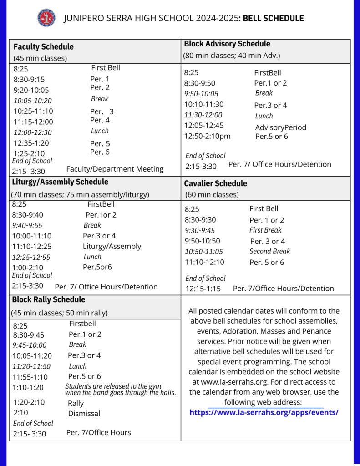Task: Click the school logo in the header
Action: (x=46, y=18)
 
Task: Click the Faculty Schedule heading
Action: (x=43, y=47)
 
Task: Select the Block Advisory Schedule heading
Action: (x=227, y=44)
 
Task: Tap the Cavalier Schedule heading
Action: (x=215, y=183)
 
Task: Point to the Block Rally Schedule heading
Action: (x=48, y=300)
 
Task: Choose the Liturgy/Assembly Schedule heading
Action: (x=60, y=182)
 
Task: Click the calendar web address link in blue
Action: (x=264, y=413)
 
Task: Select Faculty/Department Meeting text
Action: (x=115, y=169)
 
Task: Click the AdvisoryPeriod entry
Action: (x=280, y=127)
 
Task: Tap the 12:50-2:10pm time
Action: (x=207, y=136)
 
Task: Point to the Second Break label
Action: (x=269, y=251)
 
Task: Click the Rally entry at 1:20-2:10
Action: (x=76, y=403)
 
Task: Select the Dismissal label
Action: (x=84, y=414)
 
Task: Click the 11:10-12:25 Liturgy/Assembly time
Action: (x=32, y=246)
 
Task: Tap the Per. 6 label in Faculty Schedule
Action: (x=100, y=152)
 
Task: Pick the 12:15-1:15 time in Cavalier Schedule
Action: (x=203, y=289)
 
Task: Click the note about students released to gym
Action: (x=120, y=390)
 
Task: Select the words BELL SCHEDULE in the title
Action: (x=273, y=19)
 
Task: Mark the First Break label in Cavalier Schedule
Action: (x=265, y=230)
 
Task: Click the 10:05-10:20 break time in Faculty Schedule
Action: (x=32, y=101)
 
